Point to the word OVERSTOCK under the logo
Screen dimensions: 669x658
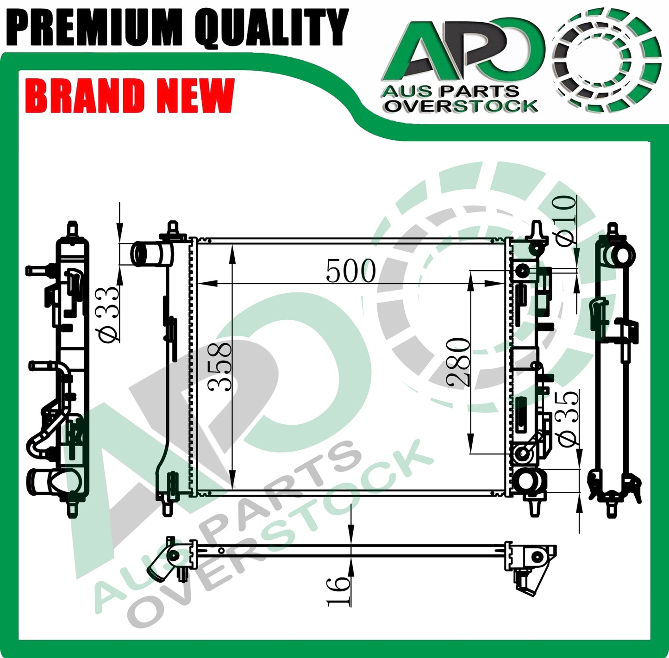pos(462,106)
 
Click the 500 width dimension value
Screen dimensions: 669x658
pos(350,271)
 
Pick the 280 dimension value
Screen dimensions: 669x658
pos(458,362)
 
